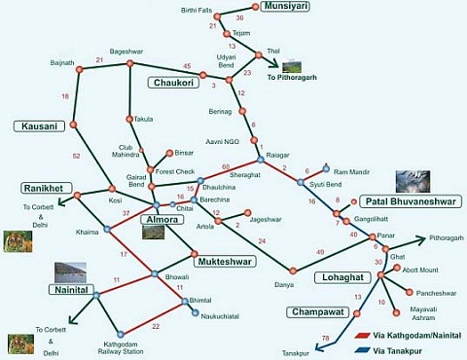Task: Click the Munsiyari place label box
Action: [x=289, y=7]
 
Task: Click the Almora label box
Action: [x=162, y=220]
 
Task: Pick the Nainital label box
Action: [x=72, y=290]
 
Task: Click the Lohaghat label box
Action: [x=341, y=277]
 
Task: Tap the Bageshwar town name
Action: [x=127, y=51]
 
